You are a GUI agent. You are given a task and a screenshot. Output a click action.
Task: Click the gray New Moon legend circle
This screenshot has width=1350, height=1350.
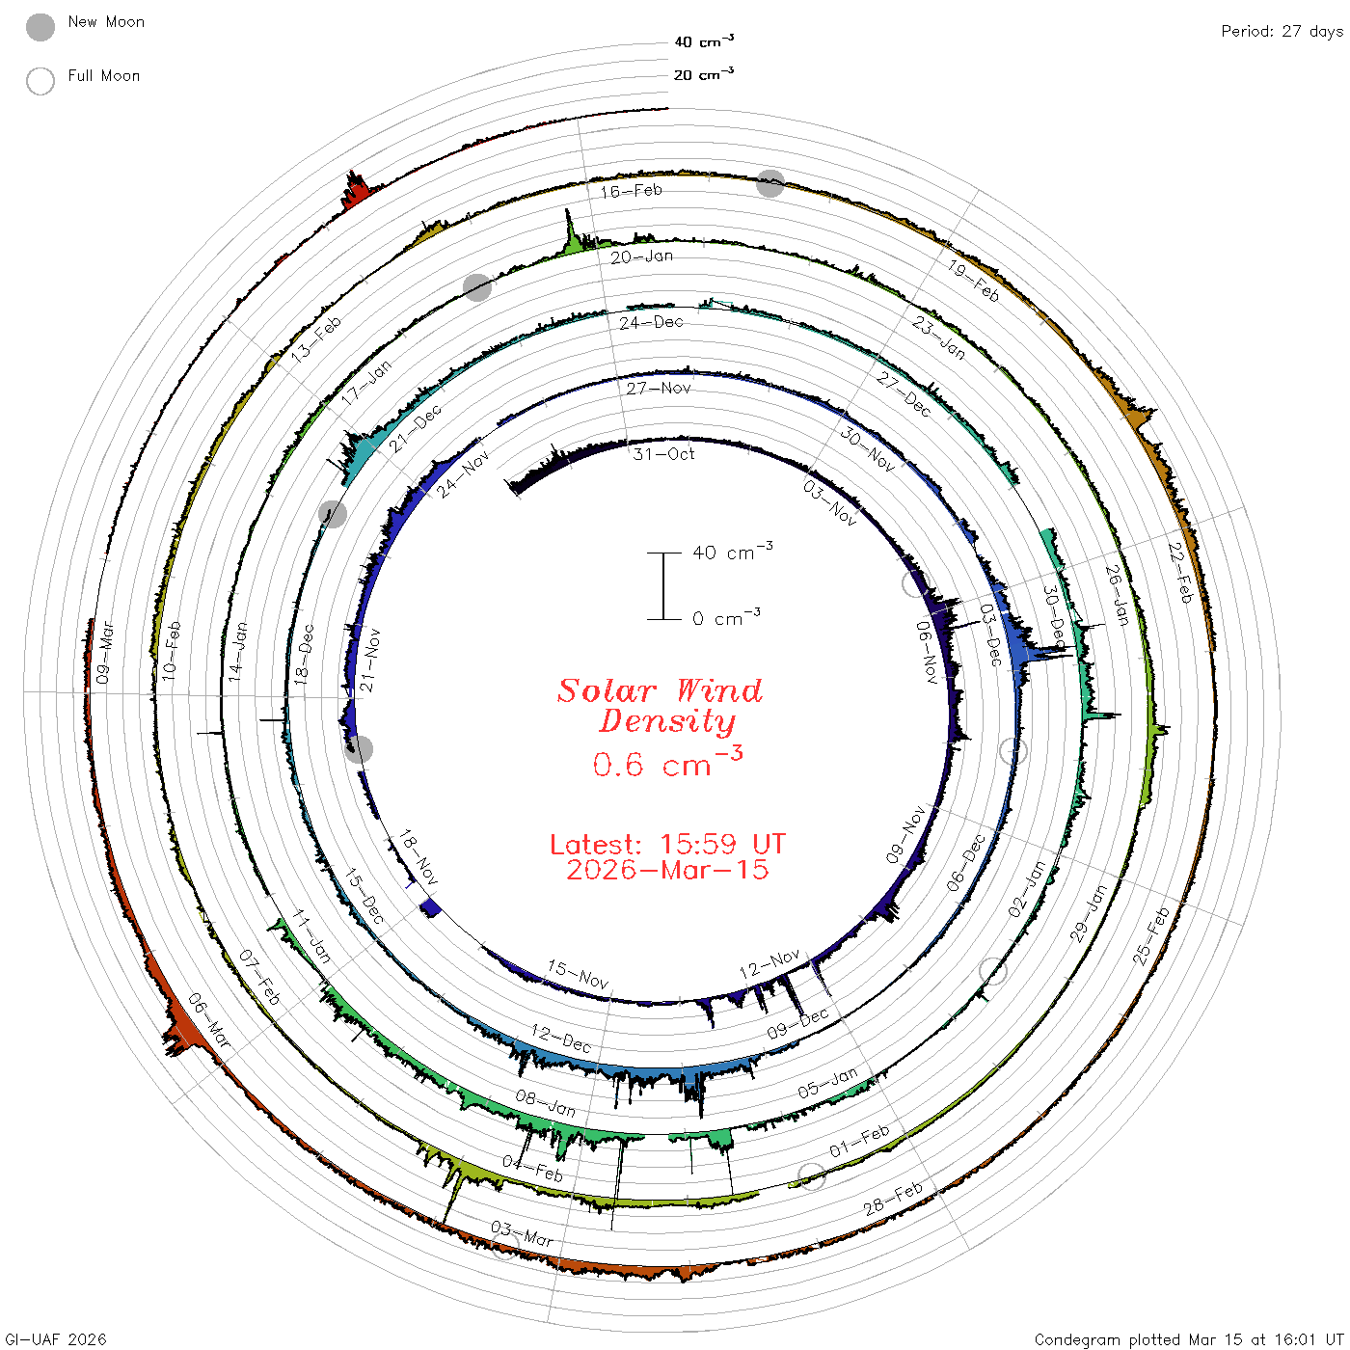(x=40, y=27)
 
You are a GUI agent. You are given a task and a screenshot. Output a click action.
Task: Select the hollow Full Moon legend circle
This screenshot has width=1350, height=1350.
(x=40, y=81)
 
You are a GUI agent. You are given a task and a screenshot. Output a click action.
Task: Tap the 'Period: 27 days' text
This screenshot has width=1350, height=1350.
(x=1282, y=32)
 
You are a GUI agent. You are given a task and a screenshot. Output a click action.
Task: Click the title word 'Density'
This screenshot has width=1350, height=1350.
(x=667, y=721)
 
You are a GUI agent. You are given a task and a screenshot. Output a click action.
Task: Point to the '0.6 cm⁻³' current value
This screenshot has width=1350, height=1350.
(x=667, y=763)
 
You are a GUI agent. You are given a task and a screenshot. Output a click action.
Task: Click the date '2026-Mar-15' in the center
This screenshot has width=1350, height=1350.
(x=667, y=870)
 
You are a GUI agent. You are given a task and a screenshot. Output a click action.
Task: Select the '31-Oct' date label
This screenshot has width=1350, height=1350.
(x=663, y=454)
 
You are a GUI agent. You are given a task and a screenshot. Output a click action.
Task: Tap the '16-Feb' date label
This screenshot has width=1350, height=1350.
(x=632, y=191)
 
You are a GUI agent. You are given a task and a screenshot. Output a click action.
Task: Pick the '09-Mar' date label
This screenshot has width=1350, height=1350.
(x=104, y=652)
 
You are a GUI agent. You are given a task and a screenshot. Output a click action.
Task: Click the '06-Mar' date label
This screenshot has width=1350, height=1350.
(x=209, y=1020)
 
